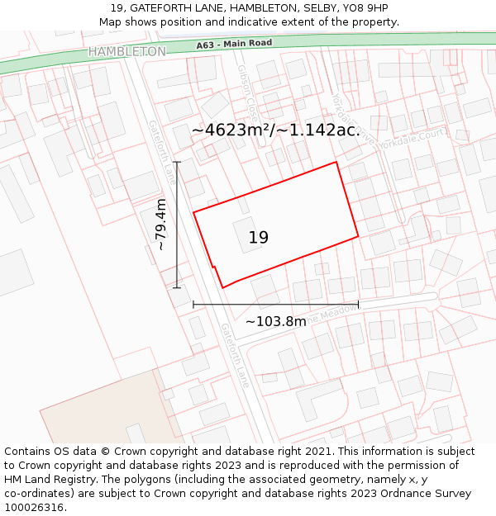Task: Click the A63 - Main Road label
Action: pos(235,43)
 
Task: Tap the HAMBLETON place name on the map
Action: pos(126,51)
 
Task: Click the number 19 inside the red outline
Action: pos(259,238)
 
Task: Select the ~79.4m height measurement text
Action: pos(161,225)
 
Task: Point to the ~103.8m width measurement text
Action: pos(275,321)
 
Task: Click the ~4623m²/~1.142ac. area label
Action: pos(274,130)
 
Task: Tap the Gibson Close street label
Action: pos(247,90)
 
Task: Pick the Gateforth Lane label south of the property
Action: pos(234,355)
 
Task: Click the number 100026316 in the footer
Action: pos(34,508)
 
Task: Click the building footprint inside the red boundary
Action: pos(245,234)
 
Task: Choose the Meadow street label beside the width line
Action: pos(319,313)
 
